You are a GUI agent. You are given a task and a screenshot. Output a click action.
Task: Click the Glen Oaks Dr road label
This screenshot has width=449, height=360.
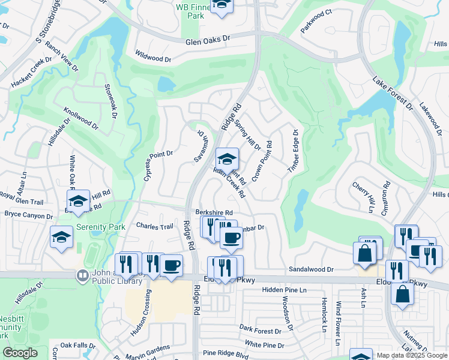coord(208,38)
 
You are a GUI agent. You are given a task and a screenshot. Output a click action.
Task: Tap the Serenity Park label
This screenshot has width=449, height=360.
coord(101,227)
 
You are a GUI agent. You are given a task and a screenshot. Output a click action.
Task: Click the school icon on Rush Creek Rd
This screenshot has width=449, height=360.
coord(227,159)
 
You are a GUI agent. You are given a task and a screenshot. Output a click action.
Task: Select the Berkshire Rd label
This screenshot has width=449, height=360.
coord(214,212)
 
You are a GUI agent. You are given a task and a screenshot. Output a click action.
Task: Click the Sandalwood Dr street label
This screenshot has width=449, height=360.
coord(311,270)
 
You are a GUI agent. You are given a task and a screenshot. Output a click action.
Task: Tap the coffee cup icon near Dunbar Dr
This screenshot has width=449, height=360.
coord(231,237)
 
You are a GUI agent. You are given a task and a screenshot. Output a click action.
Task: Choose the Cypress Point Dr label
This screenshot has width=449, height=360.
coord(158,166)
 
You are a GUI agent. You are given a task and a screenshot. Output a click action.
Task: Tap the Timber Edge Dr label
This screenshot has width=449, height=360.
coord(293,151)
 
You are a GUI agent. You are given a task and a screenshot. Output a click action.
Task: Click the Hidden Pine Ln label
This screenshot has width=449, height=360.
coord(285,290)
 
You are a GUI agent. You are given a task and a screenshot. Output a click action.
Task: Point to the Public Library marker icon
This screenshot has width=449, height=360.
coord(82,276)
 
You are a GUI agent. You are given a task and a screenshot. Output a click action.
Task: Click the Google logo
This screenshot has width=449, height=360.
coord(20,353)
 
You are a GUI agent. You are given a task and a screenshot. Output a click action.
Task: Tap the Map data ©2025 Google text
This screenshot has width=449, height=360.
coord(412,355)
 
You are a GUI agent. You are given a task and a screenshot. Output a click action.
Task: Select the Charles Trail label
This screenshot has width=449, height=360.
coord(155,227)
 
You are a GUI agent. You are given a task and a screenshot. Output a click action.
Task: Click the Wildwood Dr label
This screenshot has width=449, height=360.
coord(154,58)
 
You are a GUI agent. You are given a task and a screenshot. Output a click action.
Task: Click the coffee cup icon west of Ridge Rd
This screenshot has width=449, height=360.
coord(171,265)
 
